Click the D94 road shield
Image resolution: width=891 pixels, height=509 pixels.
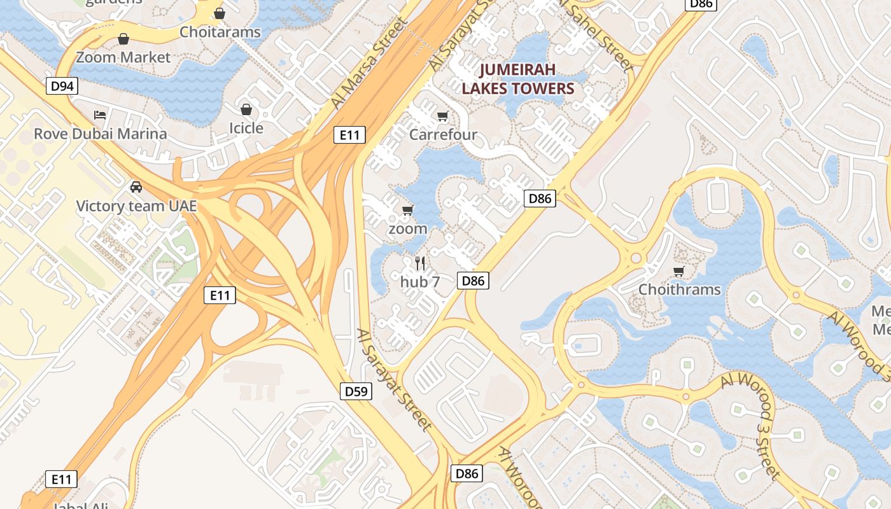[62, 86]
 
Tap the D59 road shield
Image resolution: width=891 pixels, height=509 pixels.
[356, 391]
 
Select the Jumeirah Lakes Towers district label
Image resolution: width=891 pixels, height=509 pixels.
[518, 79]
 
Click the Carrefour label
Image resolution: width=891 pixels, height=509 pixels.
[443, 134]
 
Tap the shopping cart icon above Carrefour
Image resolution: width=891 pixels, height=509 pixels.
[442, 116]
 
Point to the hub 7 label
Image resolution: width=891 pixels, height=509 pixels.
[420, 281]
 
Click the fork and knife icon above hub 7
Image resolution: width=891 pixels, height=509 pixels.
[420, 263]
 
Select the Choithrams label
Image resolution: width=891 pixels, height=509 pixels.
[680, 289]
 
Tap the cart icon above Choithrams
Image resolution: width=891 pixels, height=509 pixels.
[679, 272]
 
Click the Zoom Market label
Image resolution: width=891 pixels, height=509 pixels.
[123, 57]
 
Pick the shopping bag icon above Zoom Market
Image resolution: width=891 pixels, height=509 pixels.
[123, 39]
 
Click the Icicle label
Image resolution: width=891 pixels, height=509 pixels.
[246, 128]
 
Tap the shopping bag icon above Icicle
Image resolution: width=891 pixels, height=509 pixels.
[246, 109]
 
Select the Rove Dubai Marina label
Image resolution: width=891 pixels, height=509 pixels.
[101, 134]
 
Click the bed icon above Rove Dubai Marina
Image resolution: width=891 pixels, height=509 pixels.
[100, 115]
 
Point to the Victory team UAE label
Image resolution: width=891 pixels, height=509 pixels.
[136, 206]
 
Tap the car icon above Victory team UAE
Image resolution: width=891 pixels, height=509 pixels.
[136, 187]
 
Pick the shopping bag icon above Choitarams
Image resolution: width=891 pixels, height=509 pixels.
[220, 13]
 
